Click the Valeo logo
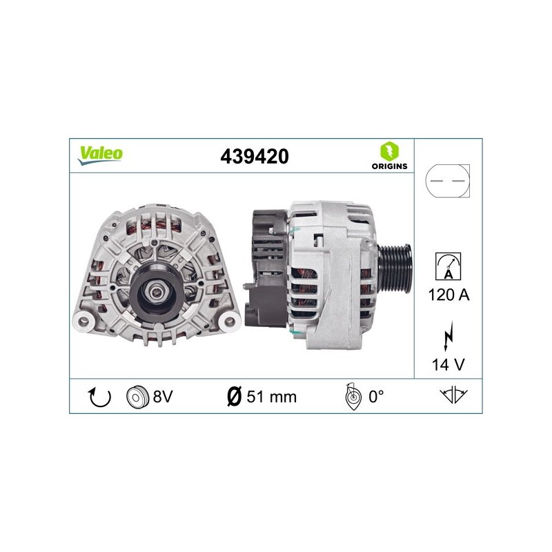[100, 155]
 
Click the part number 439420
[255, 157]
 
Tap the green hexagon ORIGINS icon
[389, 150]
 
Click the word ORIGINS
[389, 166]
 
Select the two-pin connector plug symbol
[447, 181]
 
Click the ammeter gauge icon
[448, 266]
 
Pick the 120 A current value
[449, 295]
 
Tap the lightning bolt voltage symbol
[448, 335]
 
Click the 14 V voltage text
[448, 364]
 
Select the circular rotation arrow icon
[99, 397]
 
